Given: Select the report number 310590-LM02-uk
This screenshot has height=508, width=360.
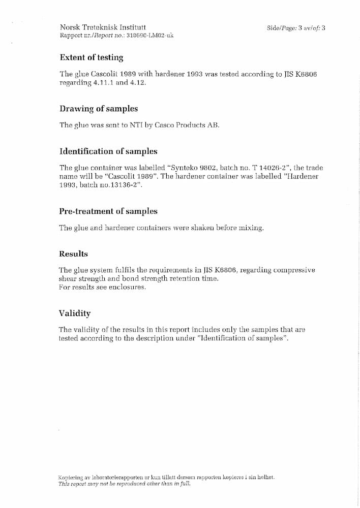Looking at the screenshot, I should [x=143, y=36].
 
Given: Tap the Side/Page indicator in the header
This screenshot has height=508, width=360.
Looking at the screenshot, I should [x=295, y=28].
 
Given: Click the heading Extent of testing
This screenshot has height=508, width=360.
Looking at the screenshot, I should [x=92, y=57].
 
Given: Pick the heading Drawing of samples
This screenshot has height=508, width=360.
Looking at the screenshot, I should [x=99, y=109].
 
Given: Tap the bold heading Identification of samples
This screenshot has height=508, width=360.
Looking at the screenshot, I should [x=108, y=151].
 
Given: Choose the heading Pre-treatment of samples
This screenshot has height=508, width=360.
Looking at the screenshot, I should [x=108, y=211].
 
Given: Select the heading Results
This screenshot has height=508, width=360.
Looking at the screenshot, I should [x=73, y=254].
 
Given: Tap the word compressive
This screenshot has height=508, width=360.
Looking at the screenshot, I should [x=294, y=270].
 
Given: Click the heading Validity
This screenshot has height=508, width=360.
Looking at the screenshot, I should [x=74, y=313].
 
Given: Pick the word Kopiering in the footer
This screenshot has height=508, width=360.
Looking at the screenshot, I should [x=70, y=478].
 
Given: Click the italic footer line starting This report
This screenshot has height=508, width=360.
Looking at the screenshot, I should [x=125, y=484].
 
